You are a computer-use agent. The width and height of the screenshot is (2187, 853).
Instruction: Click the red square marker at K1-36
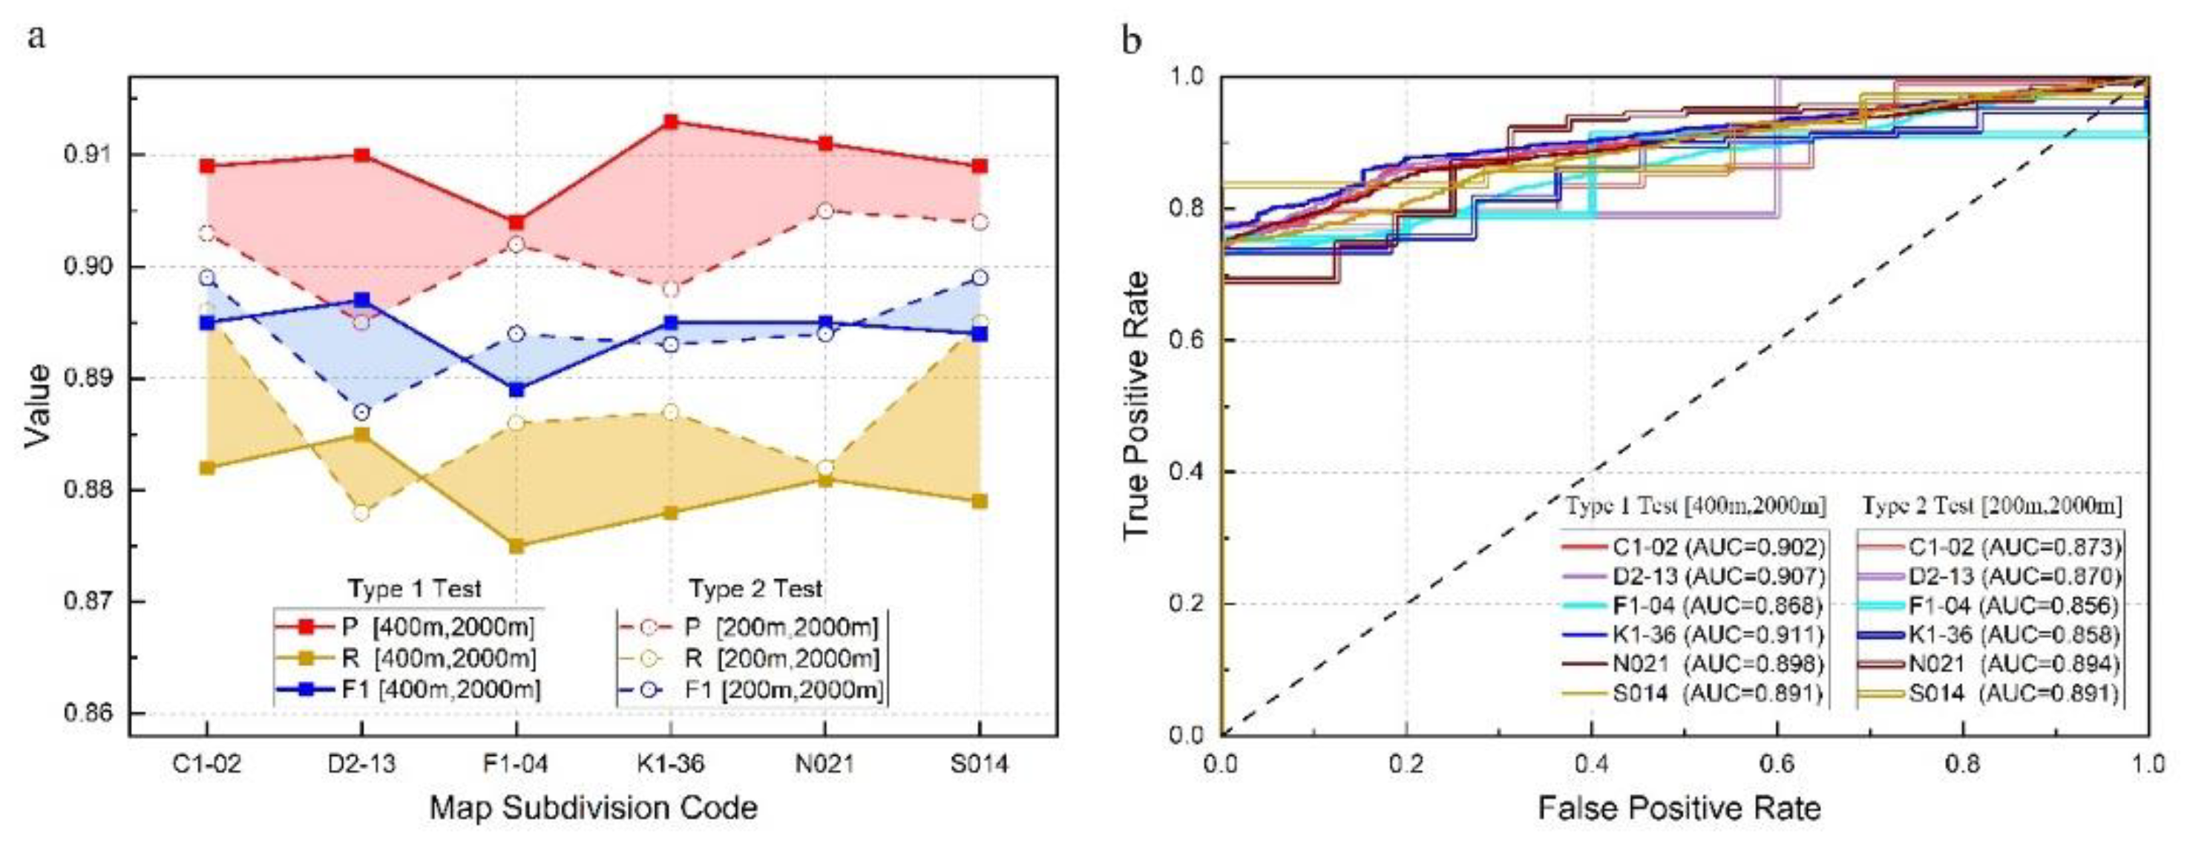pyautogui.click(x=671, y=122)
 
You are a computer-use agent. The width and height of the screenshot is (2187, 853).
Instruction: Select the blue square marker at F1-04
pyautogui.click(x=517, y=389)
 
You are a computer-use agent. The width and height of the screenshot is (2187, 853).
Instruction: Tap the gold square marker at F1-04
pyautogui.click(x=517, y=546)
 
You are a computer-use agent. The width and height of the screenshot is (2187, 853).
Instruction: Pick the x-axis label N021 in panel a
pyautogui.click(x=824, y=764)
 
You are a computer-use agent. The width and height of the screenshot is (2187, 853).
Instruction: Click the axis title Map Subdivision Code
pyautogui.click(x=594, y=807)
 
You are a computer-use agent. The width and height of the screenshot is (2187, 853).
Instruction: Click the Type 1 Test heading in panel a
pyautogui.click(x=414, y=588)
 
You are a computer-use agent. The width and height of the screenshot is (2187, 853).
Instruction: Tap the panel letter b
pyautogui.click(x=1131, y=40)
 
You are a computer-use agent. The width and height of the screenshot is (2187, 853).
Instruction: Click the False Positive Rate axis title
pyautogui.click(x=1679, y=807)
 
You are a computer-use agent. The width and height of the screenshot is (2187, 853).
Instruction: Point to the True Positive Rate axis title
pyautogui.click(x=1136, y=406)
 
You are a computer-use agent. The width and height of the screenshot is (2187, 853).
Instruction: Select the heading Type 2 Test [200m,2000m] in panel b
pyautogui.click(x=1992, y=507)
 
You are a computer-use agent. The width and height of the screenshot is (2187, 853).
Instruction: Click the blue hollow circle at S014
pyautogui.click(x=979, y=277)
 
